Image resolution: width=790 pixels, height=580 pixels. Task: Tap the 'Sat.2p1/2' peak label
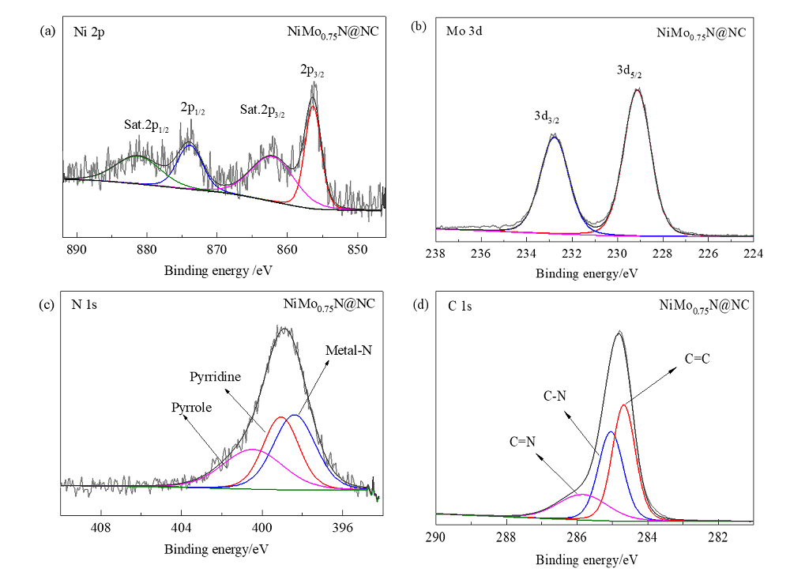click(146, 126)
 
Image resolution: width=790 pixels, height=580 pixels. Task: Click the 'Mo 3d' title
click(461, 31)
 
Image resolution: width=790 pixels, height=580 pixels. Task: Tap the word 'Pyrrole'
click(191, 407)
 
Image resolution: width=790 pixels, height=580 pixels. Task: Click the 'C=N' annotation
click(524, 441)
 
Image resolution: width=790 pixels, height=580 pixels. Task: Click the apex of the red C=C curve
click(624, 405)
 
